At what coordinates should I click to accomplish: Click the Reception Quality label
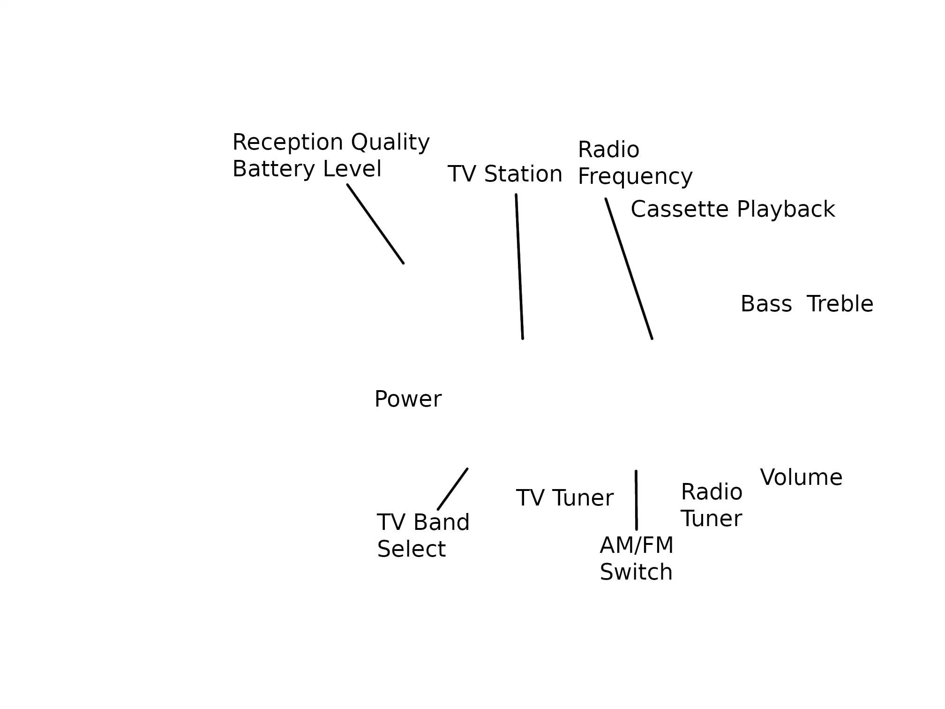[x=330, y=143]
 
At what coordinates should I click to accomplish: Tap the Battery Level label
[x=307, y=169]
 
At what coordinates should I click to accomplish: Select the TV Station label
[x=504, y=174]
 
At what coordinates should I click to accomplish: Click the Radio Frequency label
[x=634, y=163]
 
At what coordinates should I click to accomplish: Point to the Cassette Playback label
[x=732, y=210]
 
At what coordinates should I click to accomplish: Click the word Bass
[x=766, y=304]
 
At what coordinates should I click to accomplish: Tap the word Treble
[x=840, y=304]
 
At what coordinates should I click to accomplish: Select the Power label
[x=407, y=400]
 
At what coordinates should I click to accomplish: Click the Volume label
[x=801, y=478]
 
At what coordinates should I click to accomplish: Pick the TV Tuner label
[x=564, y=498]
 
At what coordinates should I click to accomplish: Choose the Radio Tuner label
[x=711, y=505]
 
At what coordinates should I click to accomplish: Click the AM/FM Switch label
[x=636, y=559]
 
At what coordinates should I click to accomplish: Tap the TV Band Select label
[x=422, y=536]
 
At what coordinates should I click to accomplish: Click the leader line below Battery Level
[x=375, y=224]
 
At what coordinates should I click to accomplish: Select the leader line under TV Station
[x=519, y=266]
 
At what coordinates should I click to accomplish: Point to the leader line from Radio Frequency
[x=629, y=269]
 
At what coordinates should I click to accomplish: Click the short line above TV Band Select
[x=452, y=489]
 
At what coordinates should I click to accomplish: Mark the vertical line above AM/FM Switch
[x=636, y=500]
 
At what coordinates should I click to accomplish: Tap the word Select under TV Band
[x=411, y=550]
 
